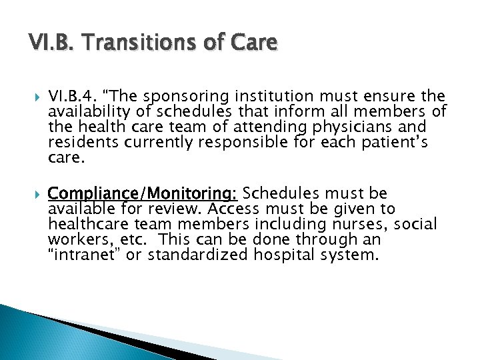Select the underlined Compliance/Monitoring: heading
tap(143, 193)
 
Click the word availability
tap(89, 113)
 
